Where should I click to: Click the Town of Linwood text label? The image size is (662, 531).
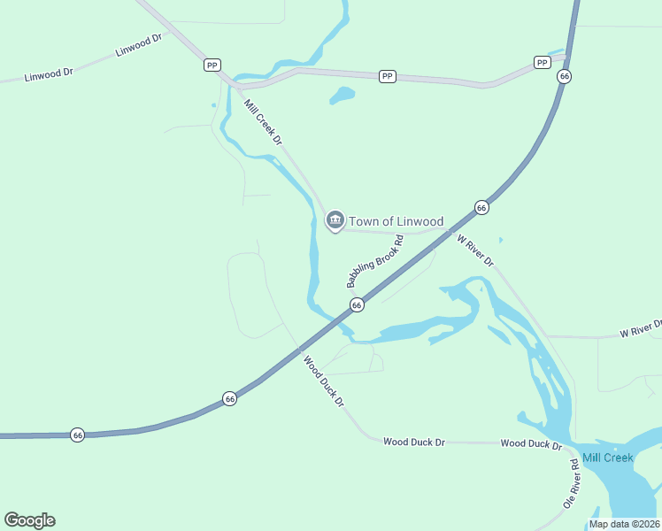coord(396,221)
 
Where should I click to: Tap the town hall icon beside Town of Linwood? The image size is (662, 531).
coord(335,219)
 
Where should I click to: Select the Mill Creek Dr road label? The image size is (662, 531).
coord(263,123)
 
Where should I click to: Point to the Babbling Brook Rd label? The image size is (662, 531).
coord(375,261)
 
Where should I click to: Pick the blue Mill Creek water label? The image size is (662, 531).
coord(607,458)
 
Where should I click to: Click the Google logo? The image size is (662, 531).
coord(29,520)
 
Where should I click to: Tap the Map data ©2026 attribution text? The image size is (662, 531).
coord(624,524)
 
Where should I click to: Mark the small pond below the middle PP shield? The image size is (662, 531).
coord(343,95)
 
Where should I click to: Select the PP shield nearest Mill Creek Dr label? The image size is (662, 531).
coord(212,65)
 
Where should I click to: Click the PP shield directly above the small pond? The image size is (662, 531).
coord(387,77)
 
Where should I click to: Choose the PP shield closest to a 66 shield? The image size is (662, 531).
coord(542,62)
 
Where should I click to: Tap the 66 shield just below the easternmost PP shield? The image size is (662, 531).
coord(564,77)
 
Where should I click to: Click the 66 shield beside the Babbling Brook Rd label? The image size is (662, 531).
coord(357,304)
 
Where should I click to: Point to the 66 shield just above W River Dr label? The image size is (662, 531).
coord(481,207)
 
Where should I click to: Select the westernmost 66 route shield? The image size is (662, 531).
coord(78,435)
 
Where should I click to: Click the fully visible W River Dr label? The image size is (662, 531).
coord(475,250)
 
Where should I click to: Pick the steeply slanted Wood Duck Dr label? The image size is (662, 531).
coord(323,381)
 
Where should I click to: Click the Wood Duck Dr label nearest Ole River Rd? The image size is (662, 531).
coord(531,443)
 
